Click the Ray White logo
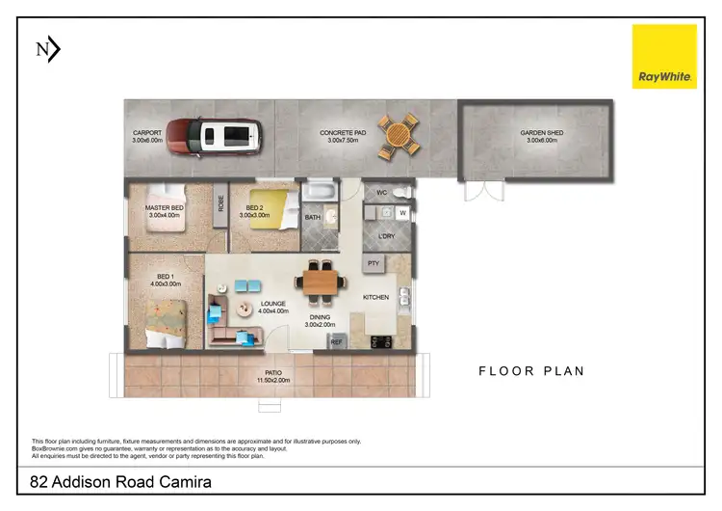click(664, 57)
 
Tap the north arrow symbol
click(47, 49)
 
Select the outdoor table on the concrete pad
click(399, 136)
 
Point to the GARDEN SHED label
click(539, 135)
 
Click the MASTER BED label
click(165, 207)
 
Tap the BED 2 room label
click(255, 207)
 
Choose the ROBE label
click(220, 203)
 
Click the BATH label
click(313, 218)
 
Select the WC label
click(382, 192)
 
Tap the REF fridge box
click(337, 341)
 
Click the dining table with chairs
click(321, 281)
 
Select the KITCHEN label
click(375, 297)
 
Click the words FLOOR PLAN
click(532, 370)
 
